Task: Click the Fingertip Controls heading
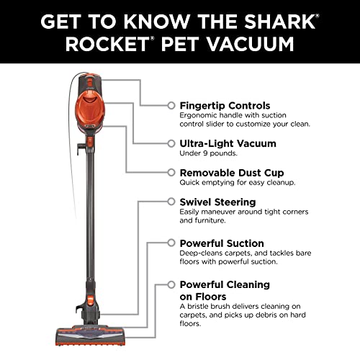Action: (225, 105)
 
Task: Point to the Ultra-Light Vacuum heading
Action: (227, 143)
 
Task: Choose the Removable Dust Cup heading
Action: (231, 173)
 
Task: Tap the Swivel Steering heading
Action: (217, 202)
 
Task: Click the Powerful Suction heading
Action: (221, 243)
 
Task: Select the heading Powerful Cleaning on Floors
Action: (225, 290)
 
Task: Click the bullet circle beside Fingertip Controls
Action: (171, 105)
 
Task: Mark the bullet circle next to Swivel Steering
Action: (171, 202)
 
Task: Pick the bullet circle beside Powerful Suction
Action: (171, 243)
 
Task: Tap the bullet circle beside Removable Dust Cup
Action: (171, 173)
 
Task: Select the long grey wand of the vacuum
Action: (89, 230)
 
